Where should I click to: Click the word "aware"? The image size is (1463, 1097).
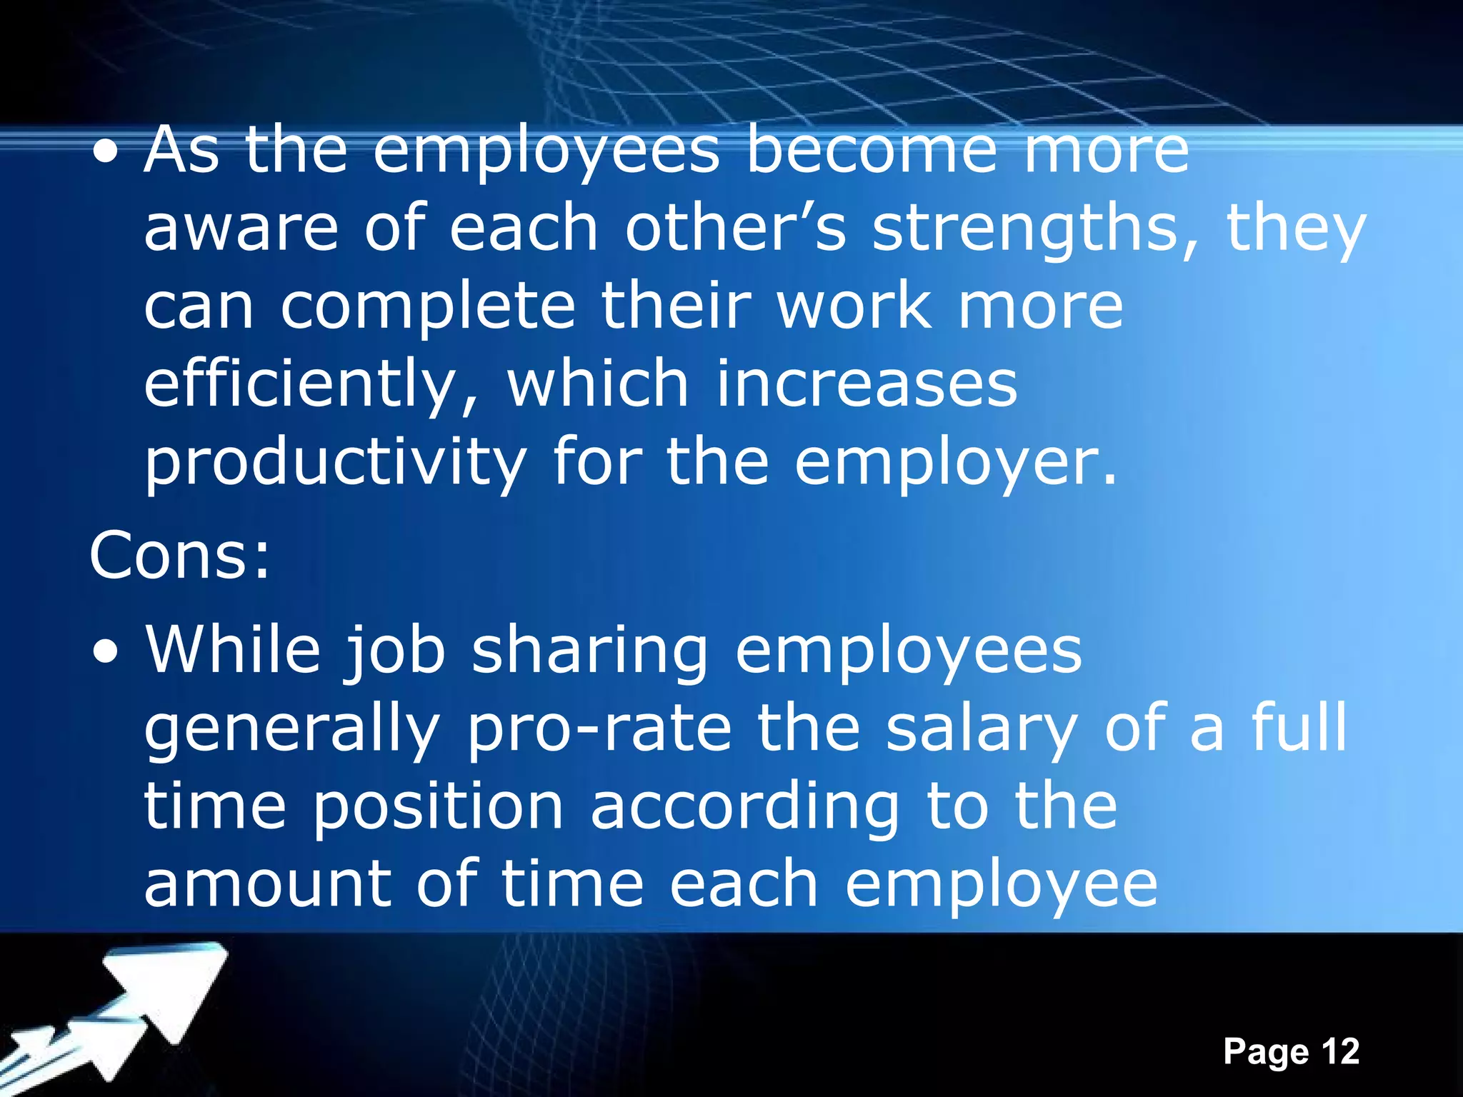[241, 228]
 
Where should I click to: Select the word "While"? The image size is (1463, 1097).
[234, 650]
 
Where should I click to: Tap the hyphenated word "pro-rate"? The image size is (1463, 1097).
[599, 730]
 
